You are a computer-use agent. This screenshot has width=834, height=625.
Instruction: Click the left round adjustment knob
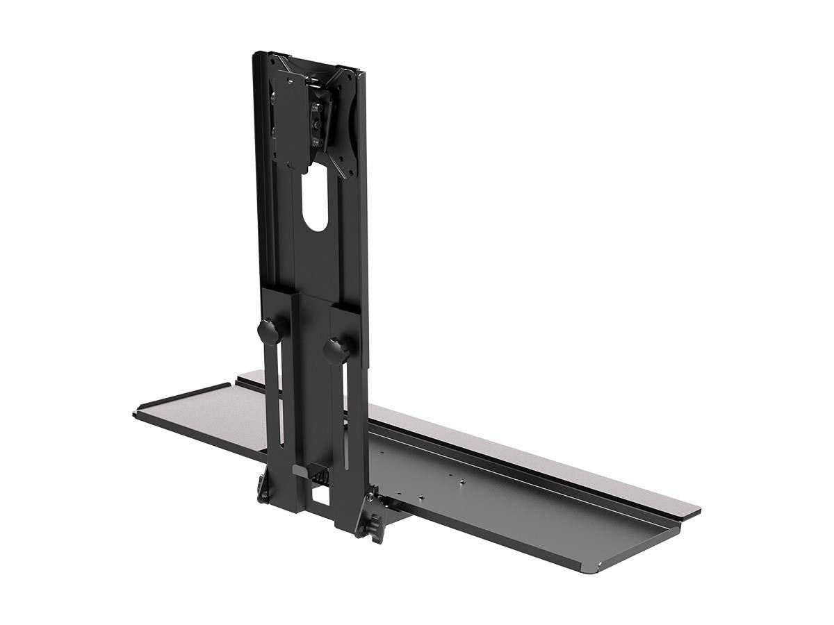pos(265,328)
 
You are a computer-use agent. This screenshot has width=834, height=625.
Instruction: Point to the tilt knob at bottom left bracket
pos(265,487)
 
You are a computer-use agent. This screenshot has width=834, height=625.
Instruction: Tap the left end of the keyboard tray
pos(142,413)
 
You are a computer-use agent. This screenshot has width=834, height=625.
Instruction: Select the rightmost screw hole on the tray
pos(464,480)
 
